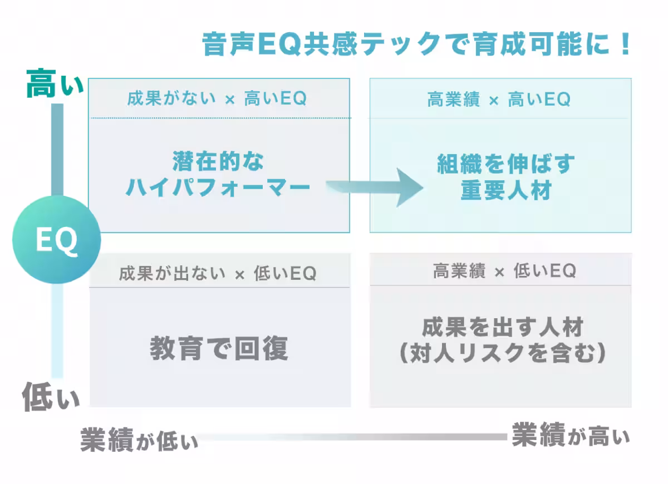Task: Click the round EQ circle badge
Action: click(x=56, y=240)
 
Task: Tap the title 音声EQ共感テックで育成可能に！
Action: click(x=416, y=45)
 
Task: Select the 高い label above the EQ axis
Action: click(x=55, y=85)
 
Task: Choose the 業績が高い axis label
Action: click(x=571, y=434)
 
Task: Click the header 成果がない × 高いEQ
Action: click(x=217, y=99)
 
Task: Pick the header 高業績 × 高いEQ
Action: click(x=499, y=100)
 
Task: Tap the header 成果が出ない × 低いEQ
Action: click(x=217, y=273)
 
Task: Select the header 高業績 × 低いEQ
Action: click(x=504, y=271)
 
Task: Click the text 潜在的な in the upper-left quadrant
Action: click(x=218, y=162)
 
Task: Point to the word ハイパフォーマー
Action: click(x=218, y=187)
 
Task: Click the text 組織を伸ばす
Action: click(x=505, y=164)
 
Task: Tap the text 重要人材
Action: click(x=505, y=190)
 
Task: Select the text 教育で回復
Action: click(x=219, y=348)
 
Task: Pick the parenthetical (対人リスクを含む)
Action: click(x=503, y=353)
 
